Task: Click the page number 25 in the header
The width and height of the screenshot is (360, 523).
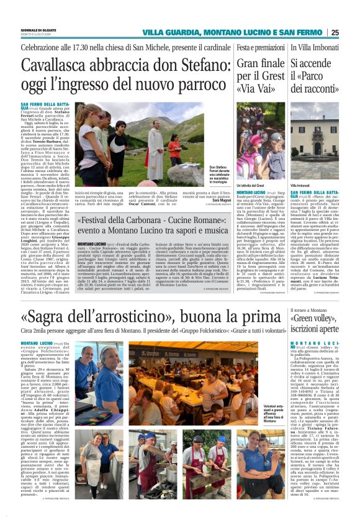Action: pos(352,33)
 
